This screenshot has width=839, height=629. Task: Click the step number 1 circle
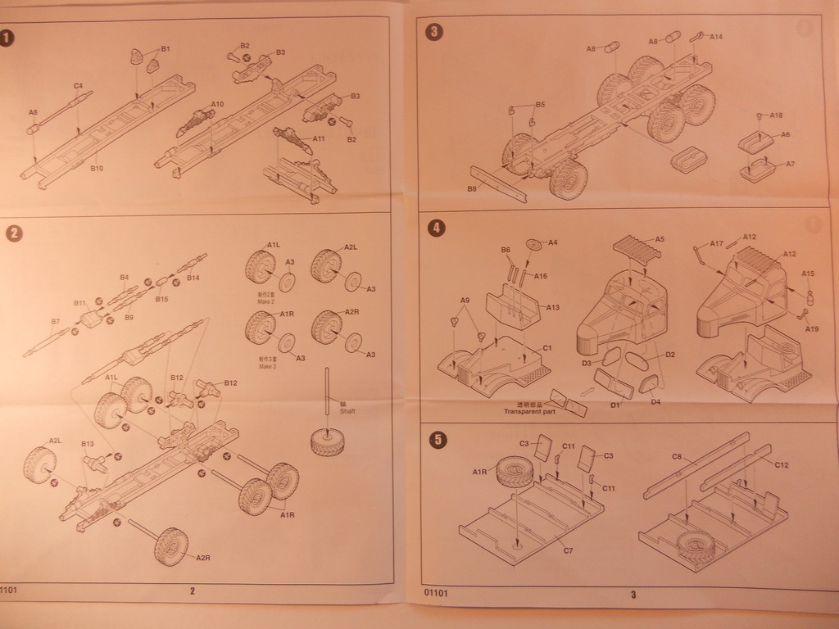(7, 38)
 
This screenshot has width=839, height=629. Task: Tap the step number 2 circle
(14, 233)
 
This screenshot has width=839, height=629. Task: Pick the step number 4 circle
(437, 229)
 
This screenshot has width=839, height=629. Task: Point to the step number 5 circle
(438, 440)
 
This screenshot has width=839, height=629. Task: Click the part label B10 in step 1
(97, 168)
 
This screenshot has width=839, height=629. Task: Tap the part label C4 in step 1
(78, 85)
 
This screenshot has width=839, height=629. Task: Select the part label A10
(217, 104)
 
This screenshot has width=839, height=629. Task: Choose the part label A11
(319, 139)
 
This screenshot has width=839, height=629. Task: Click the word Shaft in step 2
(347, 411)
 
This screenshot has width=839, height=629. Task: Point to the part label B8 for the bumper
(472, 189)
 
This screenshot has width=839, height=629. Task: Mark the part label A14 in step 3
(716, 36)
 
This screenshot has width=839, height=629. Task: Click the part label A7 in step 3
(790, 164)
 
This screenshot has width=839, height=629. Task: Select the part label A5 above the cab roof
(660, 239)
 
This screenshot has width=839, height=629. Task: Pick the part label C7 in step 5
(568, 550)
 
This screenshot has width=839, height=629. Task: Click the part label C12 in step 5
(781, 464)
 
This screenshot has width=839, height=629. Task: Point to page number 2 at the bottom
(192, 591)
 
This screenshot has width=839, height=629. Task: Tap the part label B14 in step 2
(193, 278)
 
